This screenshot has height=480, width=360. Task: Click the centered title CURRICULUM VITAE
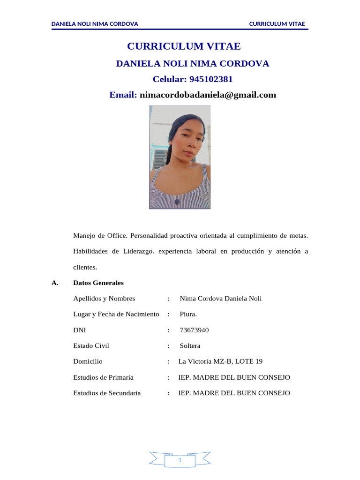pyautogui.click(x=184, y=46)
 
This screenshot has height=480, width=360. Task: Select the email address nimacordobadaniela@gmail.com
pyautogui.click(x=208, y=95)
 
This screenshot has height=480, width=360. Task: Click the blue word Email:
pyautogui.click(x=123, y=95)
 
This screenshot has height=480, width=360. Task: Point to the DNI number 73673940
pyautogui.click(x=194, y=330)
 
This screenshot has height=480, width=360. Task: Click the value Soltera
pyautogui.click(x=190, y=346)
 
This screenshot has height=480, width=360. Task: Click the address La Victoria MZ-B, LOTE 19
pyautogui.click(x=220, y=361)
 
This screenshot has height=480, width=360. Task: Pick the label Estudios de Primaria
pyautogui.click(x=103, y=377)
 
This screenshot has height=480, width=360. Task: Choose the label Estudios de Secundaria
pyautogui.click(x=107, y=393)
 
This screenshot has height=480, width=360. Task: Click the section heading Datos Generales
pyautogui.click(x=98, y=283)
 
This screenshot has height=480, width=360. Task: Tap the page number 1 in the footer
pyautogui.click(x=180, y=461)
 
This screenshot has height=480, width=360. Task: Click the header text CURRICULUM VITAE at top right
pyautogui.click(x=277, y=24)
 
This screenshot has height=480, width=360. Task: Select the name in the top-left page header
pyautogui.click(x=95, y=24)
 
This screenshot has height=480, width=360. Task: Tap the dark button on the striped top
pyautogui.click(x=177, y=202)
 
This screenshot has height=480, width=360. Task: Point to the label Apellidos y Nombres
pyautogui.click(x=104, y=299)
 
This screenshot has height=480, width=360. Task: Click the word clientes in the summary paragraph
pyautogui.click(x=85, y=267)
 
